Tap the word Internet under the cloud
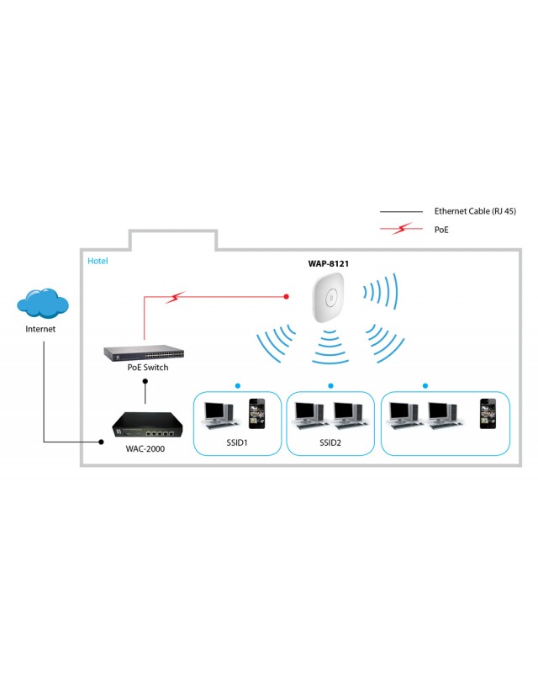click(40, 329)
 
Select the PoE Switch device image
click(136, 353)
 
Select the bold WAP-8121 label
click(329, 263)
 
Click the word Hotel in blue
click(98, 262)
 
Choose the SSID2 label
click(330, 442)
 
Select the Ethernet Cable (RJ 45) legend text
click(473, 211)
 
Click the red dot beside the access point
click(286, 296)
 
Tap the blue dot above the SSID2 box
click(330, 385)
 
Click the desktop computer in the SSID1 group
click(218, 412)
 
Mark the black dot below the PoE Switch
click(146, 380)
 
